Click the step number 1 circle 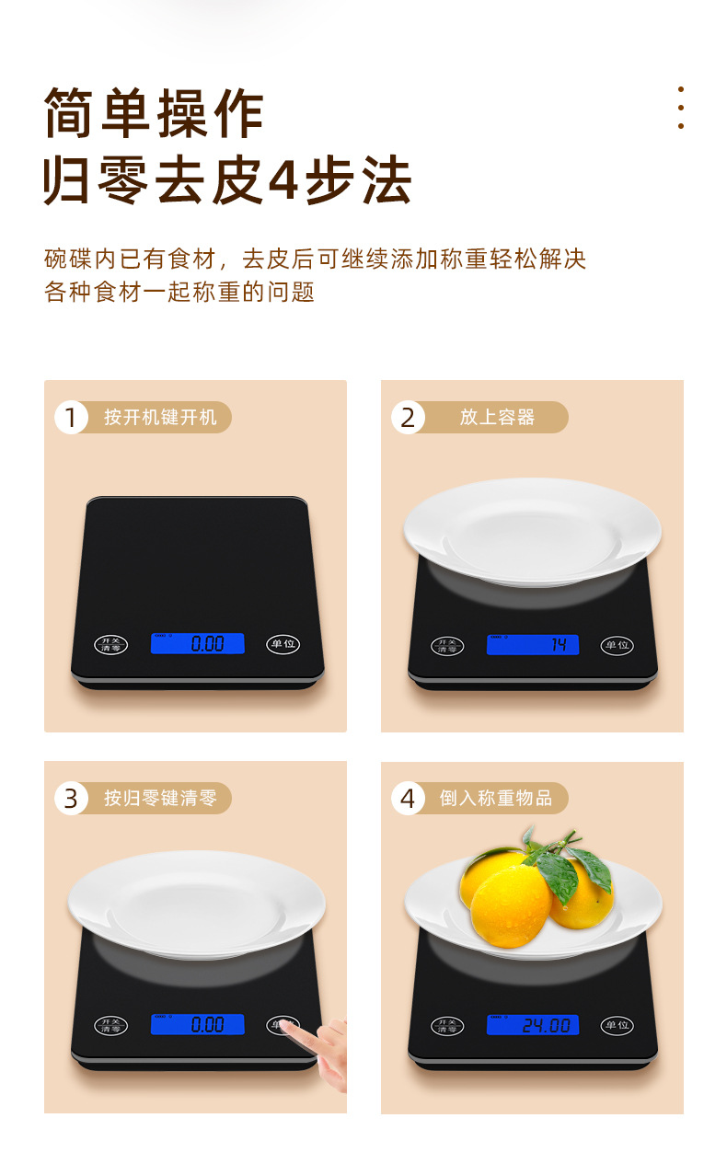pos(71,417)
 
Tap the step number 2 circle pos(408,417)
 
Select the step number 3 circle pos(71,798)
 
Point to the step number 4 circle pos(408,798)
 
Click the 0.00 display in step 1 pos(198,643)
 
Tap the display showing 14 pos(533,645)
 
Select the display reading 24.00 pos(533,1025)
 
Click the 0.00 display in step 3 pos(198,1024)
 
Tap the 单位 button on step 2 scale pos(617,645)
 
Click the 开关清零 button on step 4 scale pos(447,1026)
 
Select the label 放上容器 pos(497,417)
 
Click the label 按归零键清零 pos(160,798)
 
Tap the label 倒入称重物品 pos(496,798)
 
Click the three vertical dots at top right pos(681,108)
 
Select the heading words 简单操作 pos(155,114)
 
